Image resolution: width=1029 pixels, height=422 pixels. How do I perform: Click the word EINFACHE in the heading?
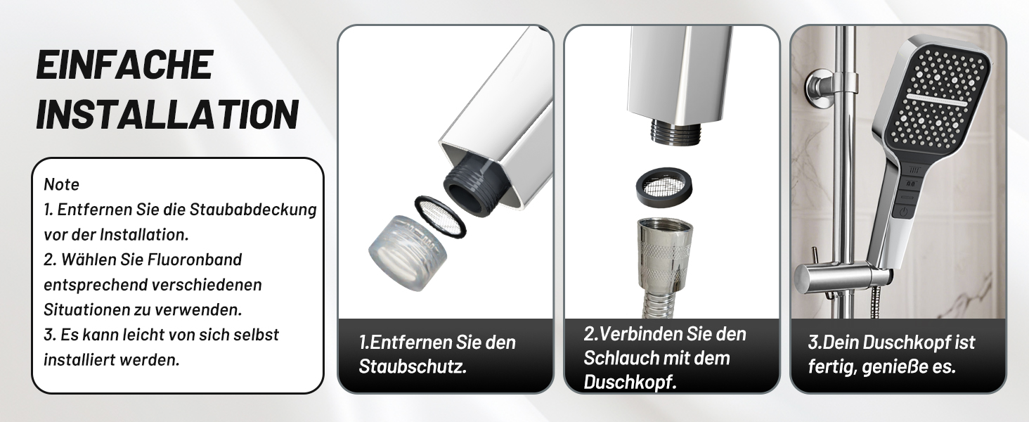click(124, 65)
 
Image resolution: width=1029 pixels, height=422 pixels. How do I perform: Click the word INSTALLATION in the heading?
click(167, 114)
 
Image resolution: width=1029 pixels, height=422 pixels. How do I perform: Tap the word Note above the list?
click(62, 184)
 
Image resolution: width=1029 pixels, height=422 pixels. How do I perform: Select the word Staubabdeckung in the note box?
click(253, 210)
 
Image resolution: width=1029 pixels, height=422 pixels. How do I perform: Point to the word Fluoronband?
click(194, 260)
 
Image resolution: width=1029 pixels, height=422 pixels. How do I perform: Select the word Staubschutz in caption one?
click(413, 367)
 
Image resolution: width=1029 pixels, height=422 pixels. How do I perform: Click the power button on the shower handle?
click(904, 212)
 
